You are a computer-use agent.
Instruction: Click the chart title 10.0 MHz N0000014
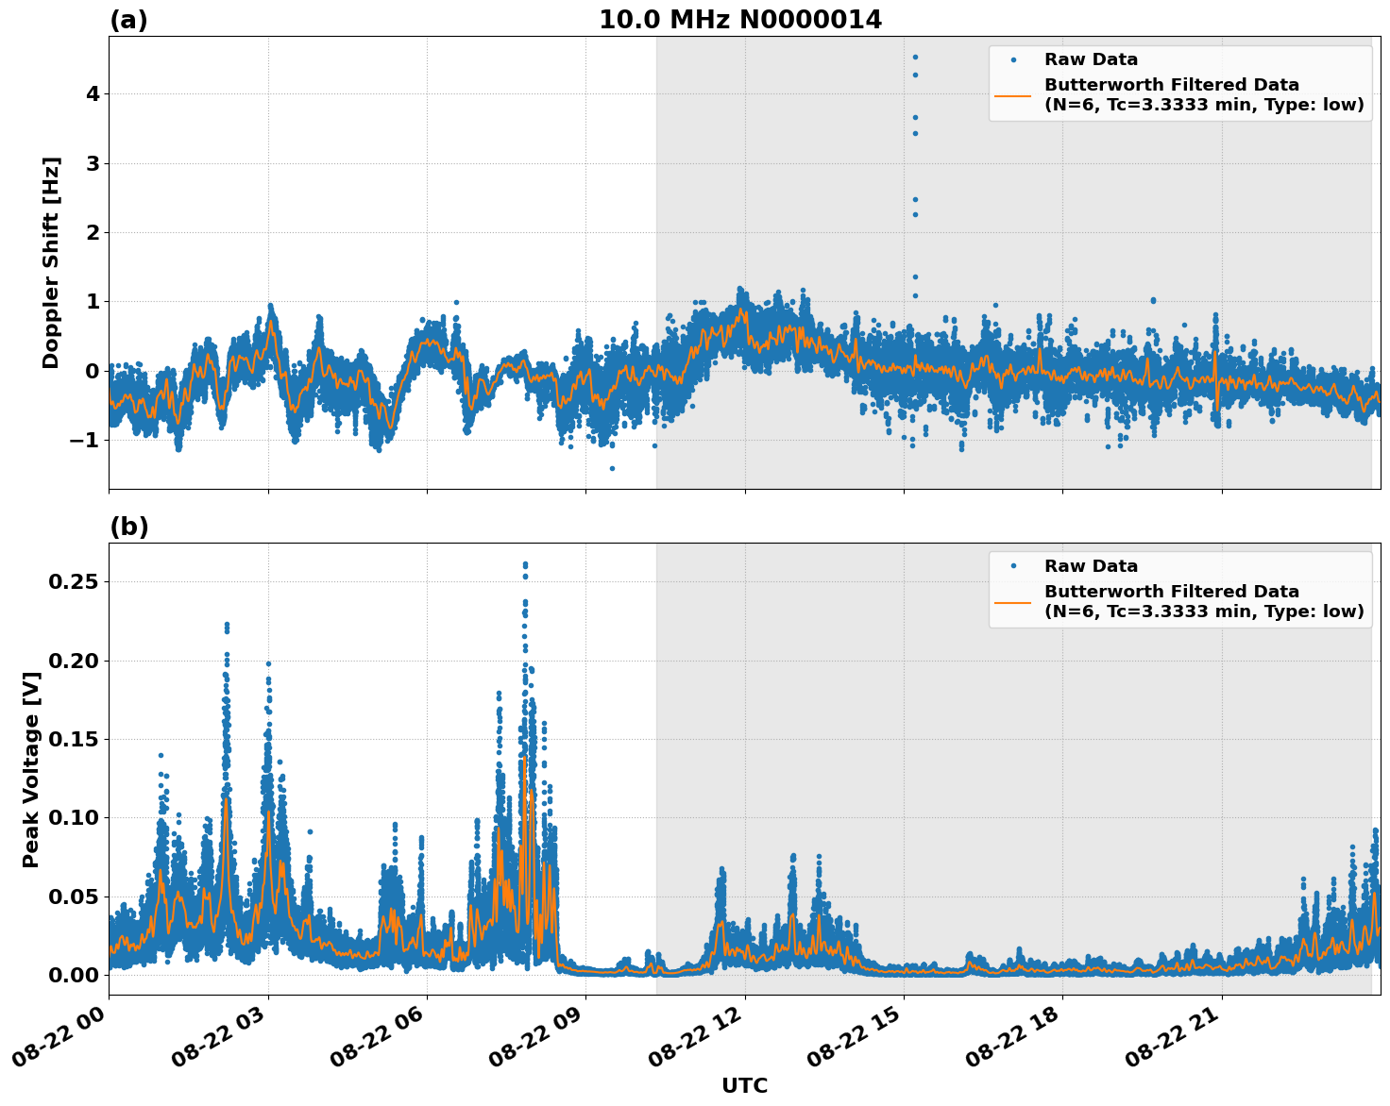click(740, 20)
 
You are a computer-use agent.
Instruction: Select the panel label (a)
click(128, 20)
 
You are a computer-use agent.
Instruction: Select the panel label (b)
click(128, 527)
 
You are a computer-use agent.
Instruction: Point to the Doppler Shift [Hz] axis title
click(51, 262)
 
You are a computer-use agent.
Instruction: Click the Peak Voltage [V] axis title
click(31, 769)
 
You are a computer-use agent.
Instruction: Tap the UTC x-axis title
click(744, 1085)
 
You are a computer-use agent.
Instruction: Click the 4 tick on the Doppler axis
click(93, 93)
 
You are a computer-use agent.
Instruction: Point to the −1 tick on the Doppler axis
click(86, 440)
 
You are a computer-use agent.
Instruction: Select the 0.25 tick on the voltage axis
click(74, 581)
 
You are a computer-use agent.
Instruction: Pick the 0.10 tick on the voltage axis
click(74, 817)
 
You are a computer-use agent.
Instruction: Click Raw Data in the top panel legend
click(1091, 59)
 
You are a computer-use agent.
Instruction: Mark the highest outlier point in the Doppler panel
click(915, 57)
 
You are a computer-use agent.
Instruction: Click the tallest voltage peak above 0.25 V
click(525, 564)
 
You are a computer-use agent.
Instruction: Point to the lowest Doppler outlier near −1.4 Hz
click(612, 468)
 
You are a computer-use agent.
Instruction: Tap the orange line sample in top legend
click(1013, 94)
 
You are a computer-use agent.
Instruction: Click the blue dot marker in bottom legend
click(1013, 566)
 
